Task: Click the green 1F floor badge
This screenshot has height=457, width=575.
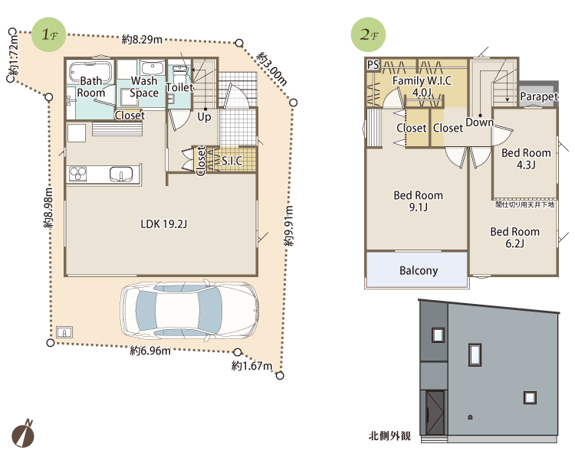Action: pos(49,34)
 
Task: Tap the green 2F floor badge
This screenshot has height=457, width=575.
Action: pos(368,34)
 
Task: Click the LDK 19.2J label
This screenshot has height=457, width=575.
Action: pos(164,224)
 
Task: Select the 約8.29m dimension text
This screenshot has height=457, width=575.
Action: pos(142,39)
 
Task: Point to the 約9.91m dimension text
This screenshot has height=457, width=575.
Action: pos(289,226)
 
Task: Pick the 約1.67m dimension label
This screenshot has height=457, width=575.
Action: pos(252,365)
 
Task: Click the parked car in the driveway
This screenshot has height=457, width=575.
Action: pos(189,310)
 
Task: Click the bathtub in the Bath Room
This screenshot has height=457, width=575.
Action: pos(90,72)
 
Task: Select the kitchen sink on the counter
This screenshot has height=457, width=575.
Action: pos(121,174)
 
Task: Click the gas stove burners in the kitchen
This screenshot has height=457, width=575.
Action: pos(77,174)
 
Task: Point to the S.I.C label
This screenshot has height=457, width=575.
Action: pos(232,161)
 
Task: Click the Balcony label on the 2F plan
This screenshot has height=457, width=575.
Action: pos(419,271)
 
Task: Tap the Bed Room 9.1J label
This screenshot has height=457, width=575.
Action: pos(418,201)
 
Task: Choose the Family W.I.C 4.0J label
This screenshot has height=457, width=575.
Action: pos(422,87)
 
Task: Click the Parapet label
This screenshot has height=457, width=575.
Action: pos(539,96)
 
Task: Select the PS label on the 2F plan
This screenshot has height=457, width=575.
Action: pos(373,65)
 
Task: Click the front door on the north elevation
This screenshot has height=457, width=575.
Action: pos(435,413)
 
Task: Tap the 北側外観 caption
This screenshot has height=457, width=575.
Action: pos(389,436)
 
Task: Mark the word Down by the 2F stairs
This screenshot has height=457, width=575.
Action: pos(480,122)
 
